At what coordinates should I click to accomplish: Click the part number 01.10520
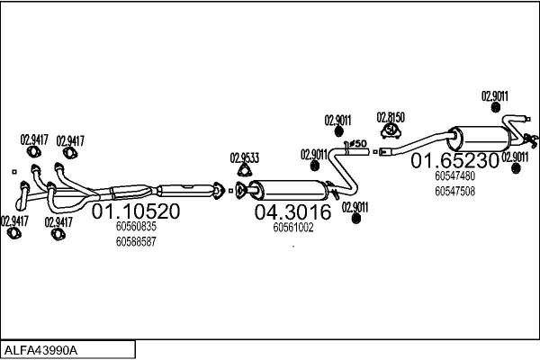[137, 212]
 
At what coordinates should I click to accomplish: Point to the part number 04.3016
[292, 212]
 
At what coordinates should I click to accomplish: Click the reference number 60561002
[292, 228]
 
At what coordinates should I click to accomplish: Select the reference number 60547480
[454, 177]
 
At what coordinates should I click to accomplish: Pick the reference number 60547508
[454, 191]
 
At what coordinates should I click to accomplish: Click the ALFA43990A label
[41, 349]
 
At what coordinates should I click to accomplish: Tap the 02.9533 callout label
[244, 157]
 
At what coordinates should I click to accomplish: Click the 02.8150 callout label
[391, 117]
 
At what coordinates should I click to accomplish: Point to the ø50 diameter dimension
[355, 144]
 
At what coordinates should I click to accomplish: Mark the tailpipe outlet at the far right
[534, 141]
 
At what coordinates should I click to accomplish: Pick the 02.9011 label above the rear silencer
[494, 96]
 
